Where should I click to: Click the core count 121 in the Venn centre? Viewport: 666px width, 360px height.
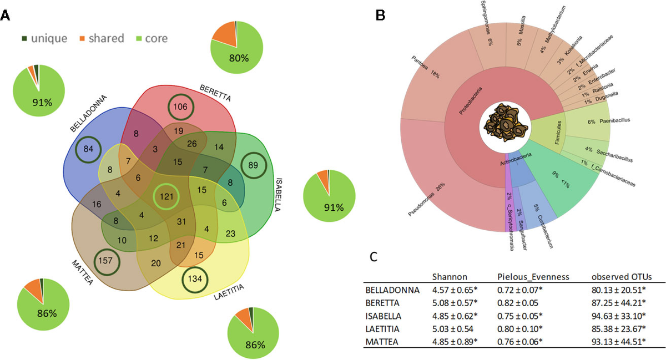pos(167,196)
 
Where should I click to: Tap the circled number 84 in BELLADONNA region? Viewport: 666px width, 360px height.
pos(89,149)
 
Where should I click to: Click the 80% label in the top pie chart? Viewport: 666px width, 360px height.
pos(238,57)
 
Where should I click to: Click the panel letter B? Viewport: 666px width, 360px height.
pos(381,17)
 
